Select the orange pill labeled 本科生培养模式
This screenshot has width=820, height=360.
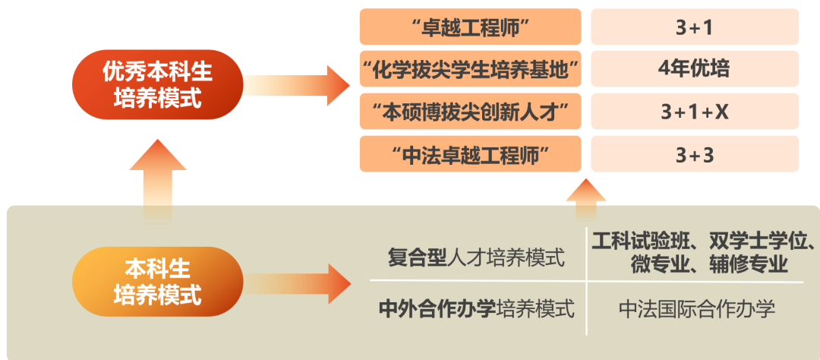(x=158, y=281)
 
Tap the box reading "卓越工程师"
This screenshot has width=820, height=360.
(x=470, y=27)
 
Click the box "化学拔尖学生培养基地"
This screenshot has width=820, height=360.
(x=470, y=70)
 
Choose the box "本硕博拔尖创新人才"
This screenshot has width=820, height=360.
(x=470, y=112)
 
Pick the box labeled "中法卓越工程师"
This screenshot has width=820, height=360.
(x=470, y=155)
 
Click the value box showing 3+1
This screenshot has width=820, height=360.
(x=695, y=27)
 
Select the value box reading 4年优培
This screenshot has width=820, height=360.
(x=695, y=70)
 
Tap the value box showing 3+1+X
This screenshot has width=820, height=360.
(x=695, y=112)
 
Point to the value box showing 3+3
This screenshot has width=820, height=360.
(x=695, y=155)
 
